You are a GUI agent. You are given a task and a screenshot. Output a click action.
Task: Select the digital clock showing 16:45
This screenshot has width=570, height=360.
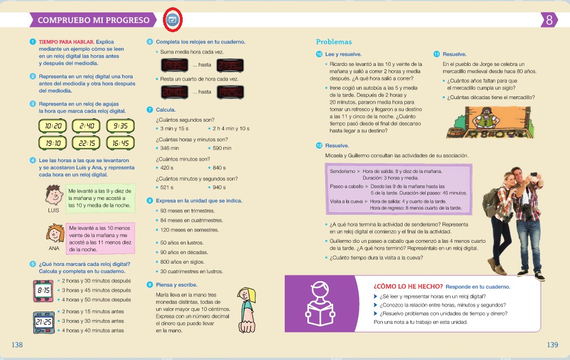[x=120, y=143]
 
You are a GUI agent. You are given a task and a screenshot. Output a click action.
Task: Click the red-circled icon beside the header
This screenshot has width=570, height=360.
[x=173, y=20]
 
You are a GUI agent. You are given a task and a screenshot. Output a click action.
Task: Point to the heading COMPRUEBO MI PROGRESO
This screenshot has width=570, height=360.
[x=94, y=20]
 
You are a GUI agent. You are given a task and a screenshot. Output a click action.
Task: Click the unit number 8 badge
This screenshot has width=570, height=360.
[x=549, y=20]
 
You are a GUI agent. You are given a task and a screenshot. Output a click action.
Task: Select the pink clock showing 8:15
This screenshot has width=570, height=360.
[x=43, y=290]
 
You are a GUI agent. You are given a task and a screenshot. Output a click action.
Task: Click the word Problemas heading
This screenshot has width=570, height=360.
[x=334, y=42]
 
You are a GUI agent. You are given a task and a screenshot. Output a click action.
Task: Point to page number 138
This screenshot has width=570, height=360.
[x=17, y=344]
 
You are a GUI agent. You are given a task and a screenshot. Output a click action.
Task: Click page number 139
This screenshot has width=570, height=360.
[x=552, y=344]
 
